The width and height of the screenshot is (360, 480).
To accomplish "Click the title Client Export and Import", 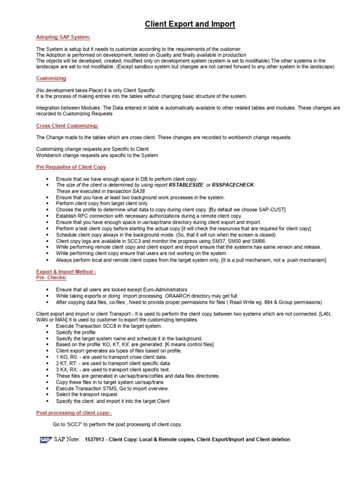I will click(190, 24).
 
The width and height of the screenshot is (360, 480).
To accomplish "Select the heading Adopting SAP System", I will click(63, 37).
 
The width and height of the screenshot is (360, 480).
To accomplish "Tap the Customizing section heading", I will click(51, 78).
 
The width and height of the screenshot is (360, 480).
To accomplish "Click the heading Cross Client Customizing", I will click(67, 126).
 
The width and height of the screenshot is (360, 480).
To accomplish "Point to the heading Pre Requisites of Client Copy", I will click(71, 167).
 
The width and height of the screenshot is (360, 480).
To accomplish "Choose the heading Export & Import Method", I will click(66, 271).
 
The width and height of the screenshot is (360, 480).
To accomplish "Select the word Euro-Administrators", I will click(163, 290).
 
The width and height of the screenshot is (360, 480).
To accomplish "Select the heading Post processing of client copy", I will click(74, 412).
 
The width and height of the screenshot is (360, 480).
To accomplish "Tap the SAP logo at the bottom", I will click(45, 440).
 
